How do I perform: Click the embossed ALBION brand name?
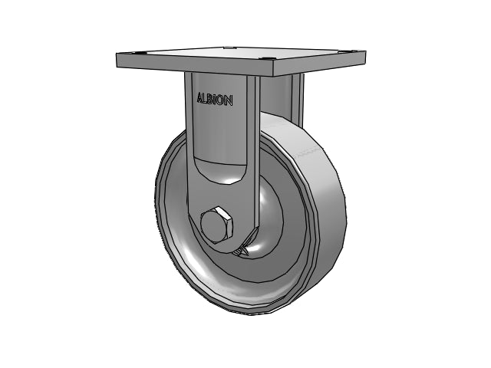click(215, 100)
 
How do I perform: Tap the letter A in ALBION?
click(199, 97)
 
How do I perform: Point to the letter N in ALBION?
click(229, 101)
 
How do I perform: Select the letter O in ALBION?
click(222, 100)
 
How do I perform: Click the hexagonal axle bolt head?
click(217, 225)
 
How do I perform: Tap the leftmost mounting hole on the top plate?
click(135, 53)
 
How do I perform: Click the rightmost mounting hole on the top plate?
click(354, 51)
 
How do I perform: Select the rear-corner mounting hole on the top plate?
click(228, 48)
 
